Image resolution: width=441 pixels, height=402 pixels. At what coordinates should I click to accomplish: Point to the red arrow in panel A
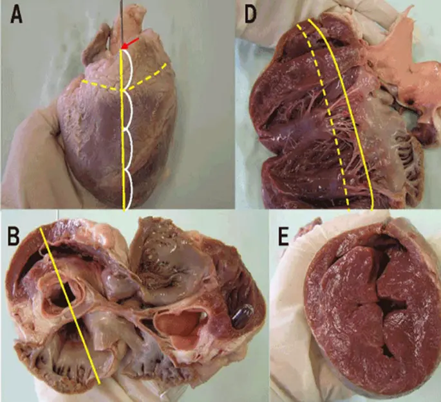pyautogui.click(x=130, y=43)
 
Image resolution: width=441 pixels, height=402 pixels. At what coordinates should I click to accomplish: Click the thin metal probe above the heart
pyautogui.click(x=120, y=19)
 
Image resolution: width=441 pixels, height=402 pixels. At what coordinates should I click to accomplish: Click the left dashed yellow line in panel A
pyautogui.click(x=100, y=86)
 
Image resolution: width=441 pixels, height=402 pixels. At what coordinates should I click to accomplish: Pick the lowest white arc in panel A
pyautogui.click(x=131, y=190)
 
